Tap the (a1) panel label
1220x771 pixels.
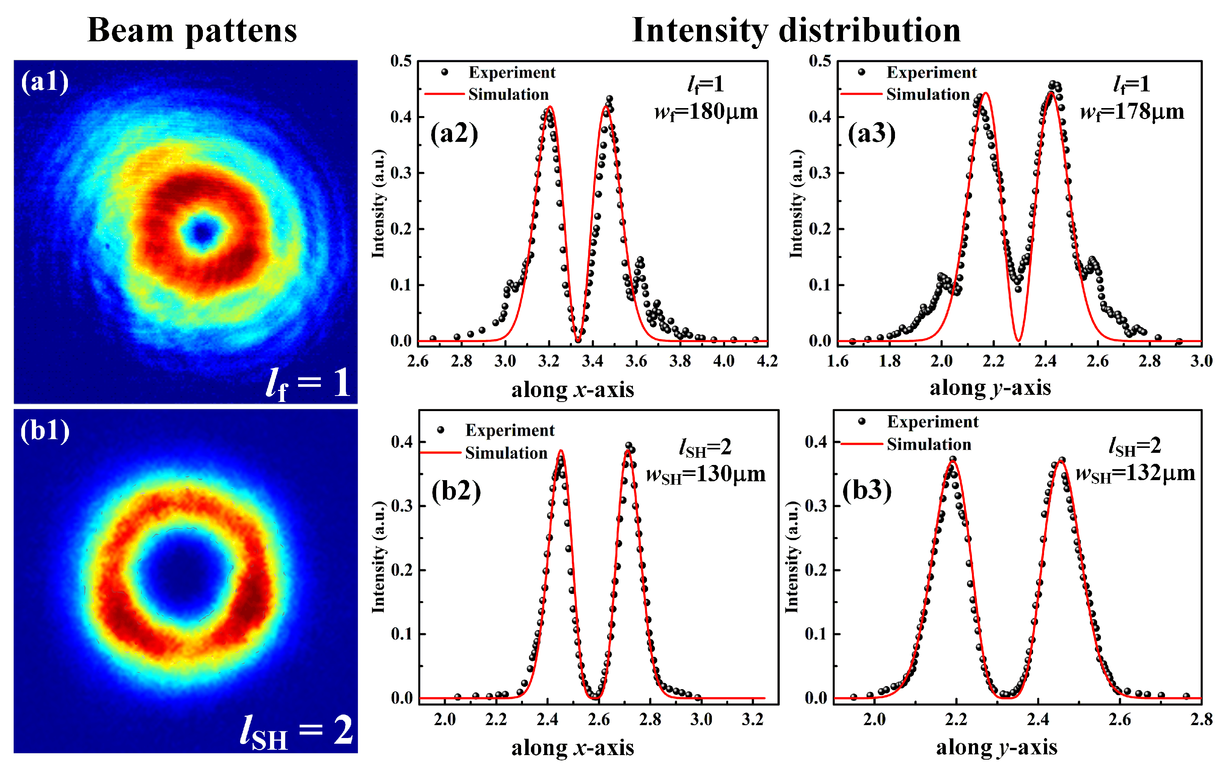(x=45, y=82)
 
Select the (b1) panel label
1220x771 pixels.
(x=45, y=431)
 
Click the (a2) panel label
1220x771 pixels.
(x=454, y=134)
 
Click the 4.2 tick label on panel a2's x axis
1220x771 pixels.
(x=767, y=361)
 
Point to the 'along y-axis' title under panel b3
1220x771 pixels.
(x=997, y=747)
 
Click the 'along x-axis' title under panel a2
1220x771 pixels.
(x=573, y=389)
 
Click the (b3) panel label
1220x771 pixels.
(x=867, y=490)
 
